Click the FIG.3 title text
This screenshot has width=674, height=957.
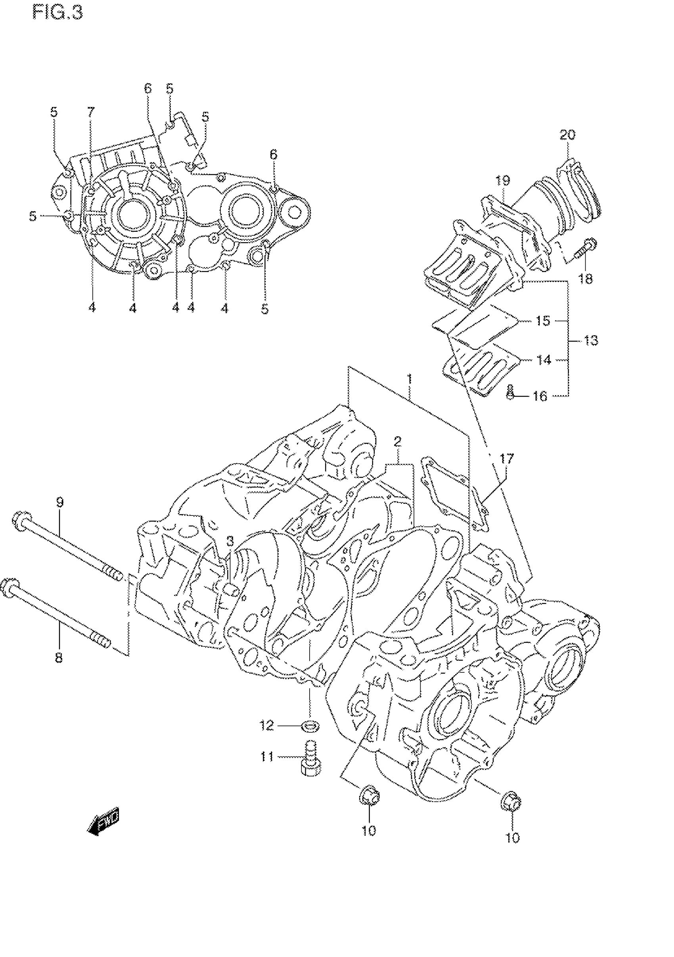[57, 13]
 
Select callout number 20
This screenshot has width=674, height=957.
[567, 135]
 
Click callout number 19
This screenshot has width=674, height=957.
[503, 181]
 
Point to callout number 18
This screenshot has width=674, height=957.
[586, 279]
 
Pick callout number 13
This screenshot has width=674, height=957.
[590, 340]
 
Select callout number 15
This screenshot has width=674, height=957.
[543, 321]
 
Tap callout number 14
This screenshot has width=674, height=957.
[544, 359]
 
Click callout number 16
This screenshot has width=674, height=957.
[540, 396]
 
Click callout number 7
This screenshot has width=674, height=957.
[90, 112]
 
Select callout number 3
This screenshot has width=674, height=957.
[230, 541]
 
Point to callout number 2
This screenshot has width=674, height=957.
[398, 441]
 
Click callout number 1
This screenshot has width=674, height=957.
[410, 379]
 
